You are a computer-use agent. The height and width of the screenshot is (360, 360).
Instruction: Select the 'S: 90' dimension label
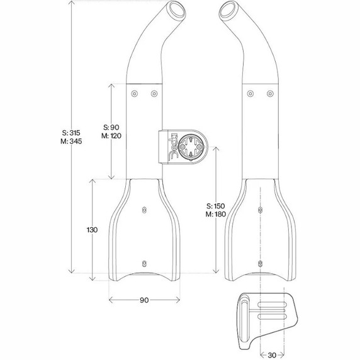pos(111,127)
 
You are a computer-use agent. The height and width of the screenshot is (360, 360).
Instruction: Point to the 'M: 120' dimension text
pos(111,135)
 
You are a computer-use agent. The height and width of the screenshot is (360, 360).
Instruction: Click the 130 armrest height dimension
pos(92,230)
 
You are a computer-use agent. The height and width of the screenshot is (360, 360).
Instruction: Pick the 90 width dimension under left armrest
pos(144,301)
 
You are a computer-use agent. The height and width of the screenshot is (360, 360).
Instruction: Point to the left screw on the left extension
pos(134,94)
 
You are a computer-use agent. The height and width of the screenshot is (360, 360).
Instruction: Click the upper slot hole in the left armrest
pos(144,210)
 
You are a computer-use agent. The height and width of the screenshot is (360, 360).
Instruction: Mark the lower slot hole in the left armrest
pos(144,262)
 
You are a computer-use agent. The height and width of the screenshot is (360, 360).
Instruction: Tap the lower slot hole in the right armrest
pos(257,262)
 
